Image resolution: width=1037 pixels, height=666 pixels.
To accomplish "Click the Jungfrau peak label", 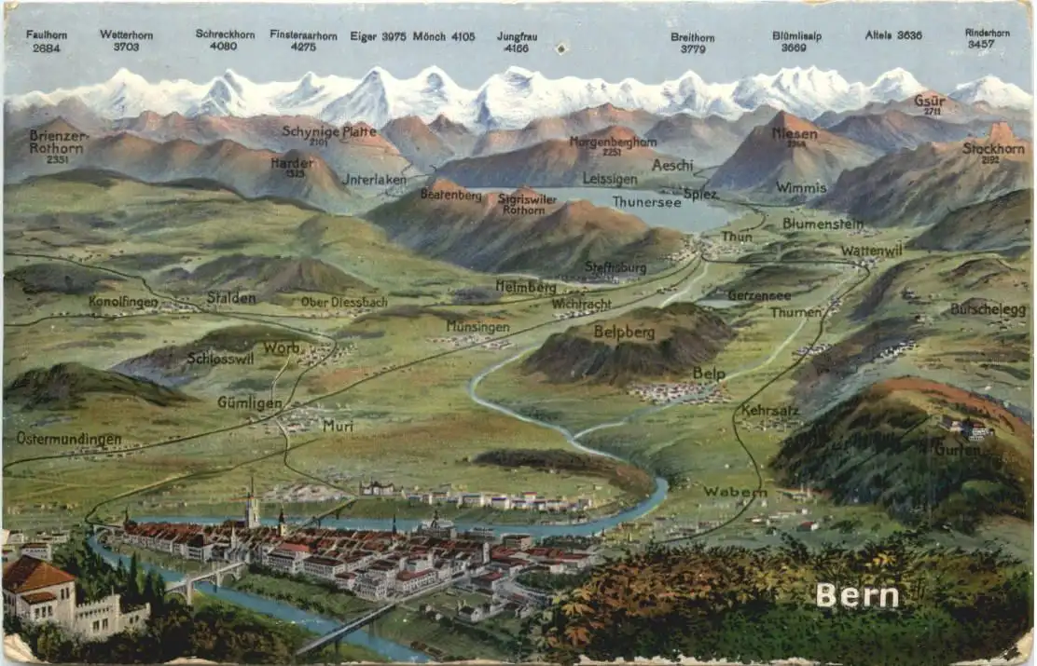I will pyautogui.click(x=517, y=36).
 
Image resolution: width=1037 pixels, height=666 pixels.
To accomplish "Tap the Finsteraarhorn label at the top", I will pyautogui.click(x=303, y=34).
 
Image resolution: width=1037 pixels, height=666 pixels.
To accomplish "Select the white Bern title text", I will pyautogui.click(x=857, y=595).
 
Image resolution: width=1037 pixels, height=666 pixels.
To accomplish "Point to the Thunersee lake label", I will pyautogui.click(x=646, y=202).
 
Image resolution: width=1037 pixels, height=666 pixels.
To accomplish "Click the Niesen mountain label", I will pyautogui.click(x=795, y=134).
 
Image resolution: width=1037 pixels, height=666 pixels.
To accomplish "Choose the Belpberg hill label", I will pyautogui.click(x=624, y=332).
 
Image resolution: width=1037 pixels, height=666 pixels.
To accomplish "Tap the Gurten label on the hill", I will pyautogui.click(x=957, y=450).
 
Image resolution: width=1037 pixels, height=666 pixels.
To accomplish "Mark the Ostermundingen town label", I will pyautogui.click(x=69, y=438).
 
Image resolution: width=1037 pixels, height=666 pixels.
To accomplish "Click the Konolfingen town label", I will pyautogui.click(x=123, y=302).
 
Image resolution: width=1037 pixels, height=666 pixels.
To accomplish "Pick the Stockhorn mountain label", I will pyautogui.click(x=993, y=148).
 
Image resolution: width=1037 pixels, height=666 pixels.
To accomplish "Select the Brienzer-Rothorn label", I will pyautogui.click(x=57, y=141).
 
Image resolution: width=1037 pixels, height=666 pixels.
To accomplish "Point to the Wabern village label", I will pyautogui.click(x=735, y=492).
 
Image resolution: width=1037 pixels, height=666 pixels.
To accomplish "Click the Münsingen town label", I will pyautogui.click(x=477, y=327).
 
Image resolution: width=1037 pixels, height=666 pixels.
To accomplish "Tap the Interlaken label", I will pyautogui.click(x=375, y=179).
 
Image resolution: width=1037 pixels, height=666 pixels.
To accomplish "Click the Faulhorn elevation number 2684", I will pyautogui.click(x=46, y=47).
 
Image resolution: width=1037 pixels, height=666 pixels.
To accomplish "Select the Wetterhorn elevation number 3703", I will pyautogui.click(x=126, y=47).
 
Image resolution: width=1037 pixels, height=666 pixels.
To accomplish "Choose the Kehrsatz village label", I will pyautogui.click(x=771, y=410).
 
